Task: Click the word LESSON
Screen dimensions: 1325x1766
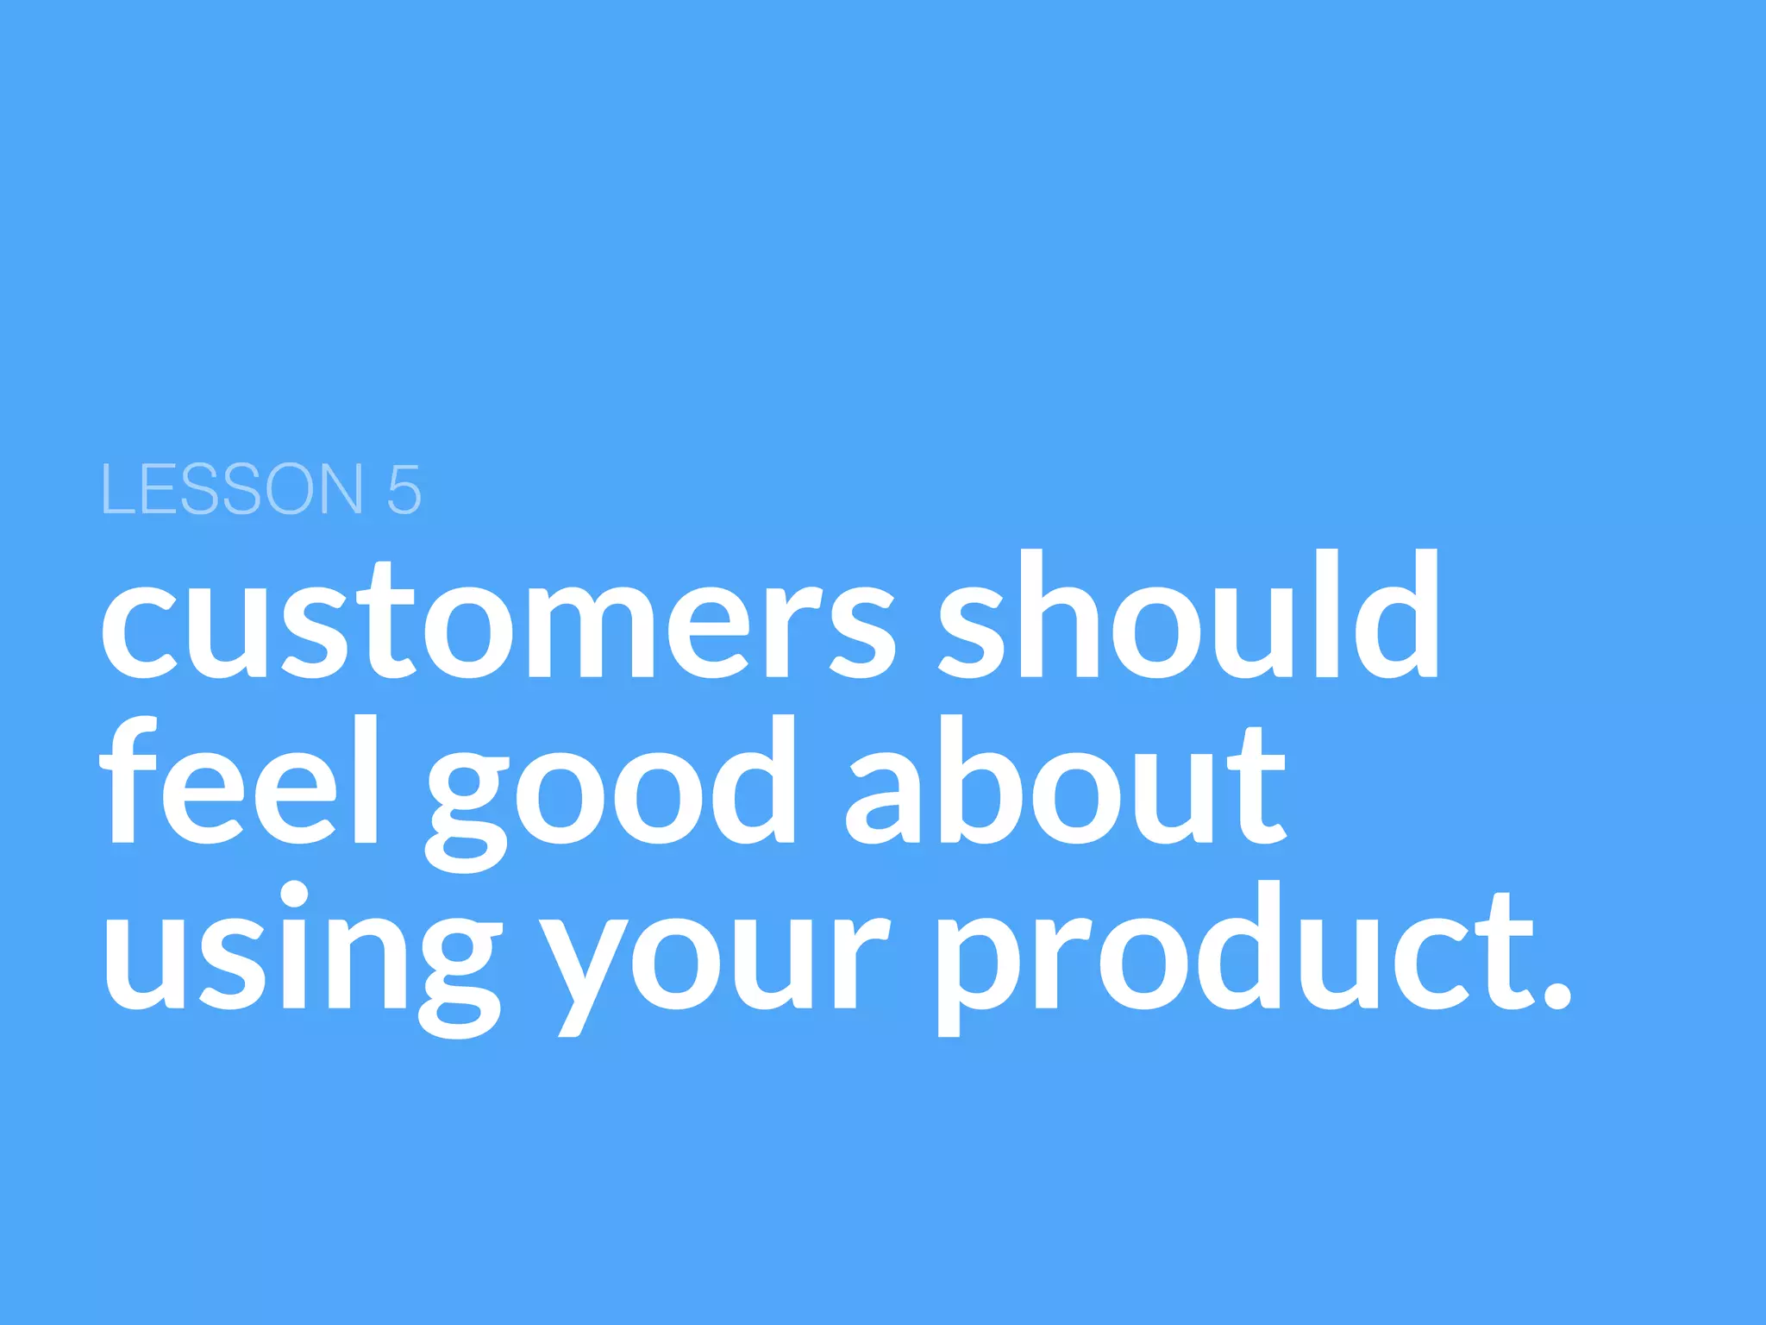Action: (x=232, y=489)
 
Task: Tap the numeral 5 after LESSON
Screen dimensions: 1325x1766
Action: (x=404, y=490)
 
